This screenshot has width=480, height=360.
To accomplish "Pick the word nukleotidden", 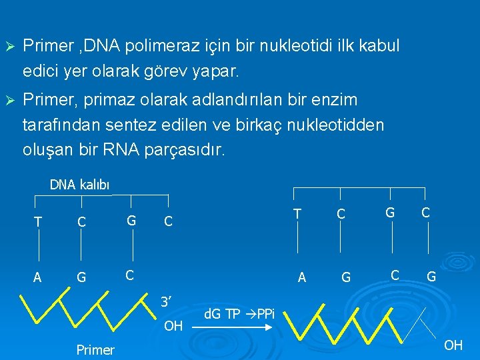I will [336, 125].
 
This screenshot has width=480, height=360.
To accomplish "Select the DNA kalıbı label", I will [79, 185].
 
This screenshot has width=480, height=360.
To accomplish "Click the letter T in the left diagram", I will [38, 221].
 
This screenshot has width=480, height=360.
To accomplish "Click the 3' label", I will [165, 302].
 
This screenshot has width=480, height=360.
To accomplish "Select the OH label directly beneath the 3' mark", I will [173, 327].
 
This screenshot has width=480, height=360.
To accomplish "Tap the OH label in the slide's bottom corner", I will [453, 345].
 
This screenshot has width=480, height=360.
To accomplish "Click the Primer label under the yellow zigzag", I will [95, 350].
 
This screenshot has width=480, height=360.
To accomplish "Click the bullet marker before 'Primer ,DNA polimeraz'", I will [9, 47].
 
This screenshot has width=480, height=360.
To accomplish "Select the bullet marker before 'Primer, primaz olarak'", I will [9, 101].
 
